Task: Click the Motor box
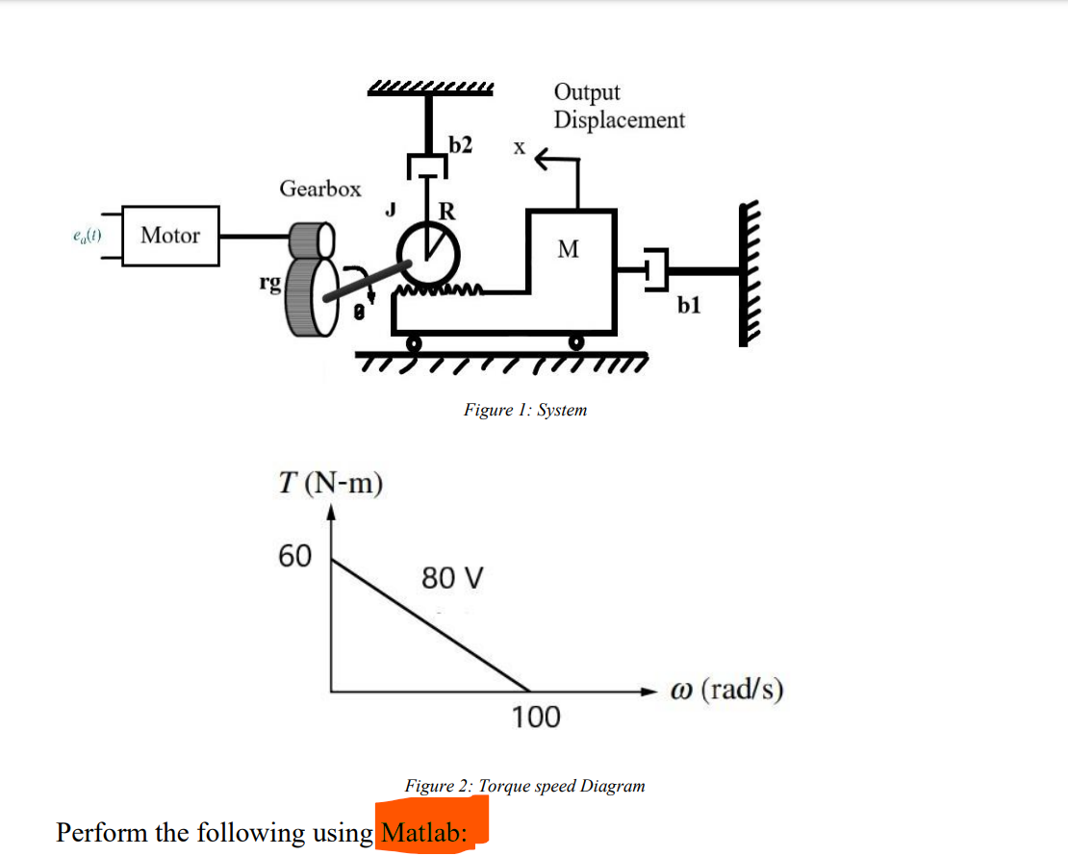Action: pos(170,236)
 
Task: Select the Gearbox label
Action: pos(320,189)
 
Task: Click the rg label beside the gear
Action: pos(270,281)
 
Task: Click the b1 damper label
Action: pos(689,306)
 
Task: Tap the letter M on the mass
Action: pos(569,250)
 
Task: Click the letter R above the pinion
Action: pos(446,211)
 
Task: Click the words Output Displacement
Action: pos(619,106)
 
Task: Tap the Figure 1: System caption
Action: pos(525,410)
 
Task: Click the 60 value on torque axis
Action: pos(294,555)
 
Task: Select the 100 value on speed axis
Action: pos(535,718)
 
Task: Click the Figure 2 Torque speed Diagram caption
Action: pos(524,786)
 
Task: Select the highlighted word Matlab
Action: pos(423,832)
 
